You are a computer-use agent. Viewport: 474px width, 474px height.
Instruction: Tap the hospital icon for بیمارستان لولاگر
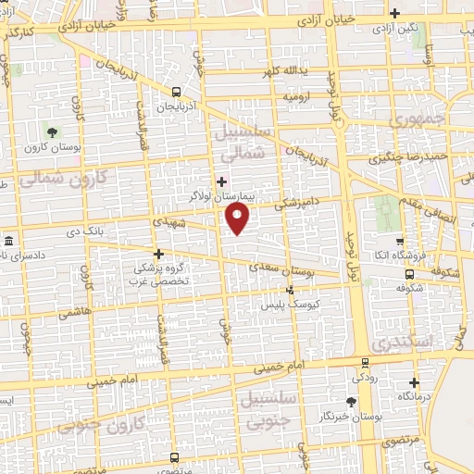220,181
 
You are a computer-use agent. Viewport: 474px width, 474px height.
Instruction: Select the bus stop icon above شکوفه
411,275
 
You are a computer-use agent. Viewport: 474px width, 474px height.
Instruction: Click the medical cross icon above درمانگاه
414,380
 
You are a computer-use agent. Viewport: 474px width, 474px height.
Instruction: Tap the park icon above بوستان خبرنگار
350,401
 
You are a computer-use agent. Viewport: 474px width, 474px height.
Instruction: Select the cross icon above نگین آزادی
395,13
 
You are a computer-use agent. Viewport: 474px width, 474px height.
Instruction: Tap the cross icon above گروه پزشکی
158,253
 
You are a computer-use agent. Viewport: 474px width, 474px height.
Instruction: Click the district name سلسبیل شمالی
245,142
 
